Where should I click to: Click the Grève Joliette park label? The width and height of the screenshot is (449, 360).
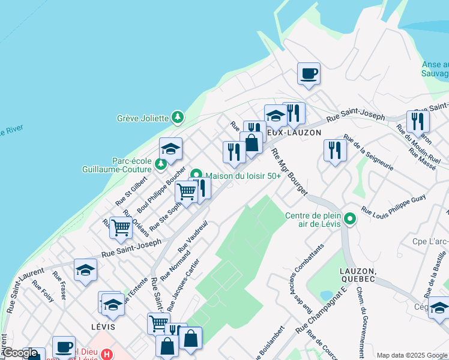click(142, 118)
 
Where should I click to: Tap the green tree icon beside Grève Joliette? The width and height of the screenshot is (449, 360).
click(177, 117)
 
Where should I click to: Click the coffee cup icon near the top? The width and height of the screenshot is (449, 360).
click(309, 74)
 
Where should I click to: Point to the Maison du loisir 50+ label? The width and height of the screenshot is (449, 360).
click(243, 176)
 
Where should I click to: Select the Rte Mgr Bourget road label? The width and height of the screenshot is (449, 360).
click(289, 172)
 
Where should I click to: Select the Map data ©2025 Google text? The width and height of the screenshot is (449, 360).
click(412, 355)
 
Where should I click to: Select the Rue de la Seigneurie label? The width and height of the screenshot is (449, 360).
click(369, 152)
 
